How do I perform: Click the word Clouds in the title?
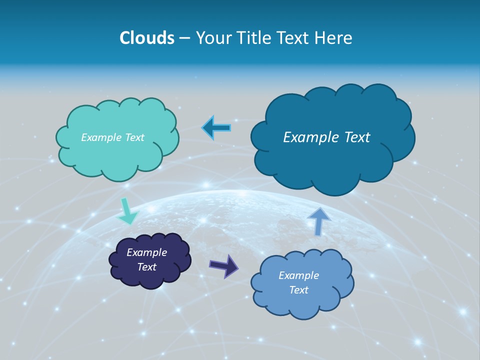[147, 38]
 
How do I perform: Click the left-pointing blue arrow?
[216, 128]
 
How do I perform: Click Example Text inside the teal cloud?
[112, 137]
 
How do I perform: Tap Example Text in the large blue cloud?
[326, 137]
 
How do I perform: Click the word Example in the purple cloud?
[146, 252]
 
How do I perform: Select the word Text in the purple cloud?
[147, 267]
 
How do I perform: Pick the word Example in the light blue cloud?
[298, 275]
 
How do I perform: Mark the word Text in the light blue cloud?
[299, 290]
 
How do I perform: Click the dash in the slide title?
[184, 38]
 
